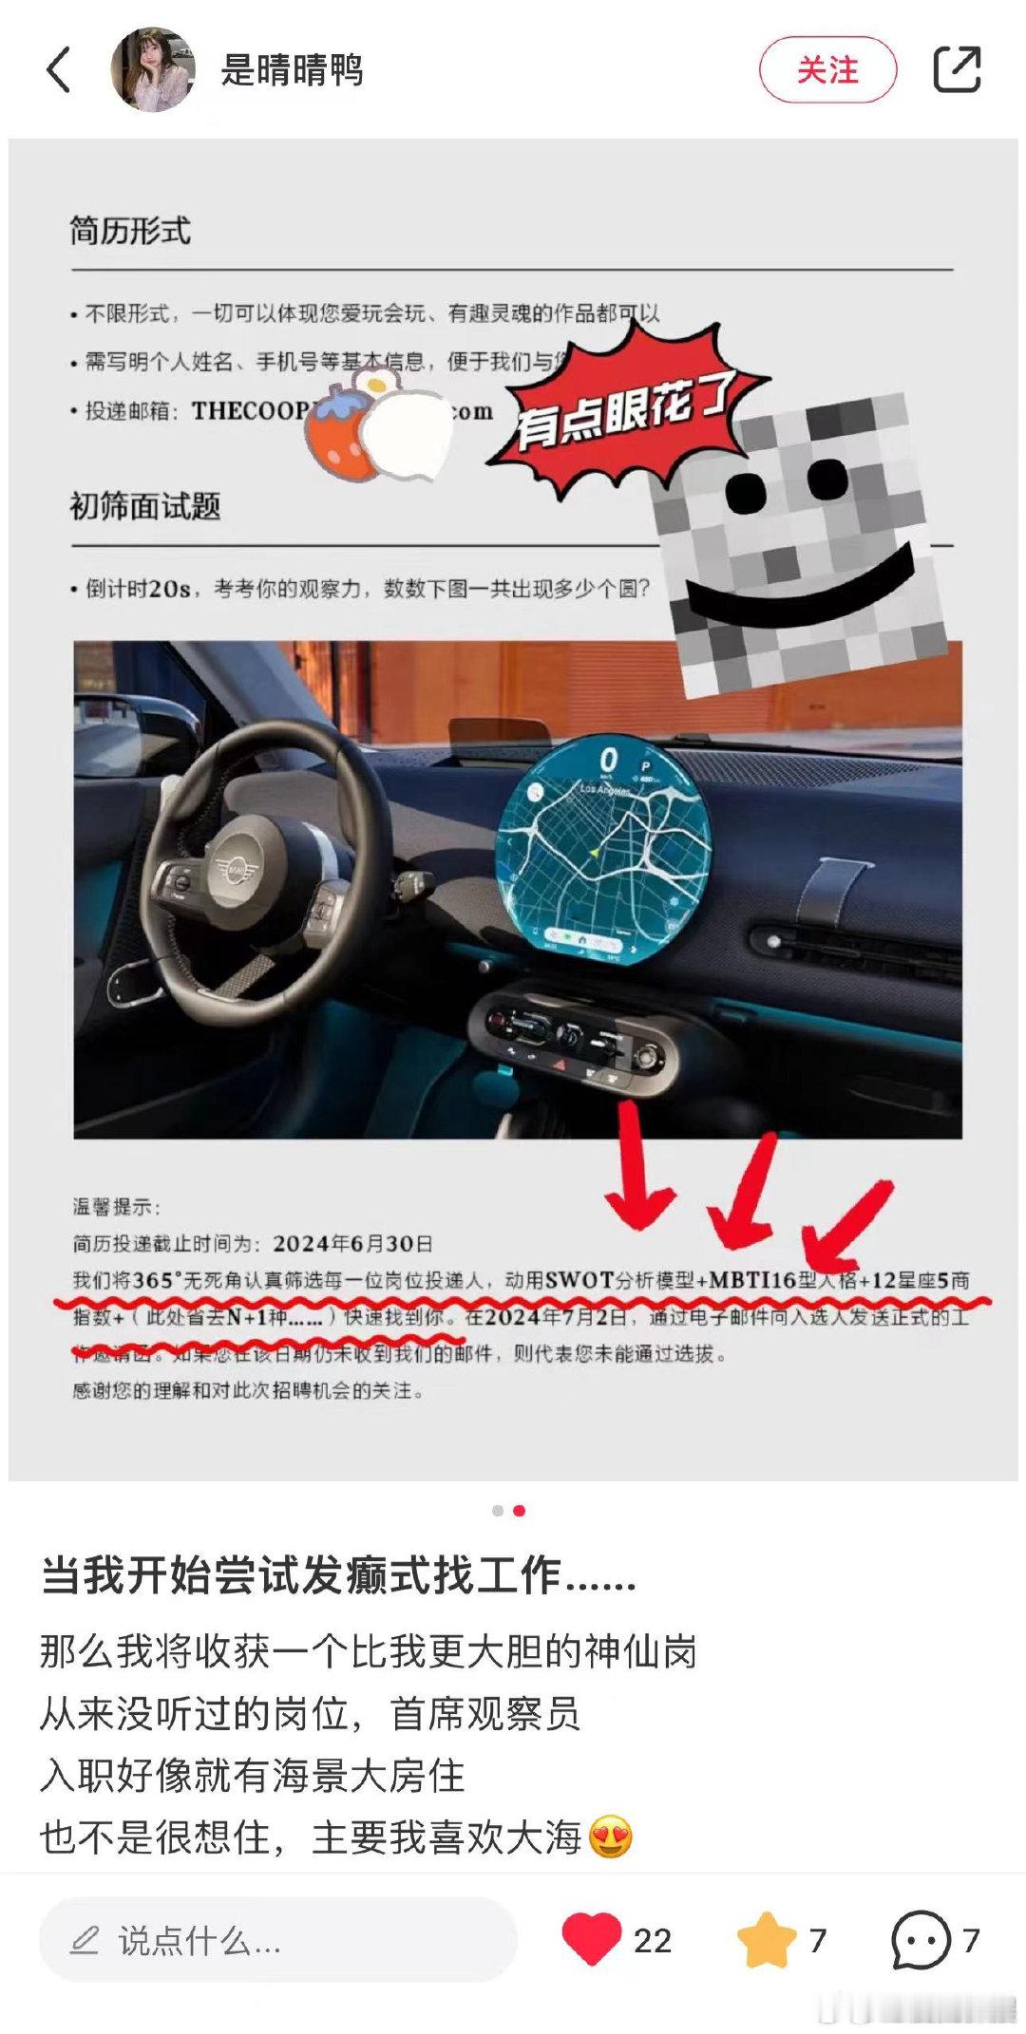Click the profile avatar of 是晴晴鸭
pyautogui.click(x=152, y=69)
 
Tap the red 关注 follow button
pyautogui.click(x=827, y=69)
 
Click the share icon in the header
pyautogui.click(x=956, y=69)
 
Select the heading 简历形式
pyautogui.click(x=130, y=231)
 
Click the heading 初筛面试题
pyautogui.click(x=145, y=506)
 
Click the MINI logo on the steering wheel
pyautogui.click(x=231, y=866)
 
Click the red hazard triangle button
pyautogui.click(x=560, y=1064)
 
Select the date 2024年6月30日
pyautogui.click(x=352, y=1243)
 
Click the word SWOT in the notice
pyautogui.click(x=579, y=1280)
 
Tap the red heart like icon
pyautogui.click(x=591, y=1940)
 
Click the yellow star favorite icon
pyautogui.click(x=766, y=1940)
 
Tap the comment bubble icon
pyautogui.click(x=920, y=1940)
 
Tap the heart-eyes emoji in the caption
pyautogui.click(x=611, y=1837)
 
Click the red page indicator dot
pyautogui.click(x=519, y=1511)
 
